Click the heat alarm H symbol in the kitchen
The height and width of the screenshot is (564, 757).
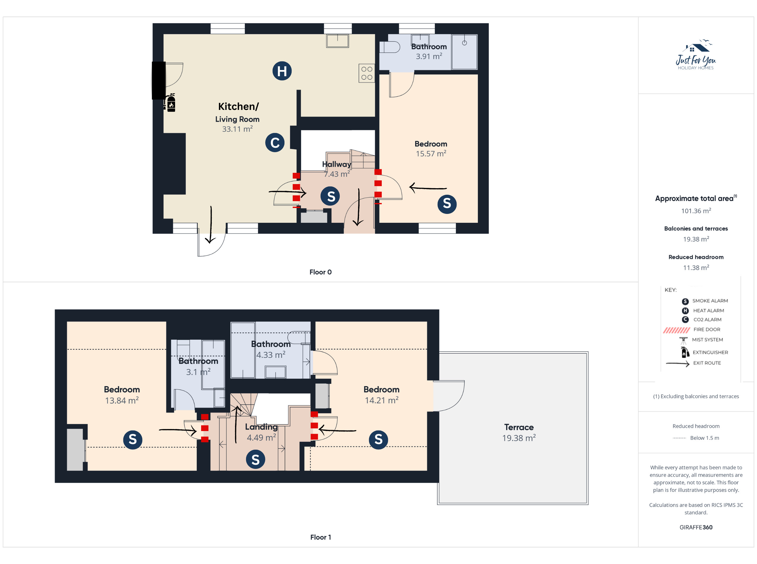point(282,71)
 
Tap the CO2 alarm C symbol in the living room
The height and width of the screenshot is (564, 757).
point(275,143)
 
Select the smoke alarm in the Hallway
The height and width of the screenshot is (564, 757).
point(330,196)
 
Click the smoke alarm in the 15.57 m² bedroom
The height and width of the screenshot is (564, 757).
point(447,204)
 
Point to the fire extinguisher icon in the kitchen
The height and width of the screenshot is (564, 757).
point(170,103)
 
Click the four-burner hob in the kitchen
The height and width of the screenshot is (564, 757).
point(367,73)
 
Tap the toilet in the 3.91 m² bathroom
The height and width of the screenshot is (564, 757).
point(390,47)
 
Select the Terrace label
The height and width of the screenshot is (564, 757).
point(519,427)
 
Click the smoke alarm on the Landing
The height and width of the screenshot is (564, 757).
point(255,459)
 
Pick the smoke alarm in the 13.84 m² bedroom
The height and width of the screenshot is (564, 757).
point(132,439)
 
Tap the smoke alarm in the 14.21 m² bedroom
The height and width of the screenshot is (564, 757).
point(378,439)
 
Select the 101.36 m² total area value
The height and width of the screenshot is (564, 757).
point(696,211)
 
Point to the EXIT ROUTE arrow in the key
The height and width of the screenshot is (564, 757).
point(678,364)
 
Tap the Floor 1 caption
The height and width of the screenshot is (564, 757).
point(321,537)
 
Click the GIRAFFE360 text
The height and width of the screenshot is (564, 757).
point(696,527)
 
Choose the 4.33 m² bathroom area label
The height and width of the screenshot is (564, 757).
point(271,355)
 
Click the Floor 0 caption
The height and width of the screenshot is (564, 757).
point(321,272)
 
